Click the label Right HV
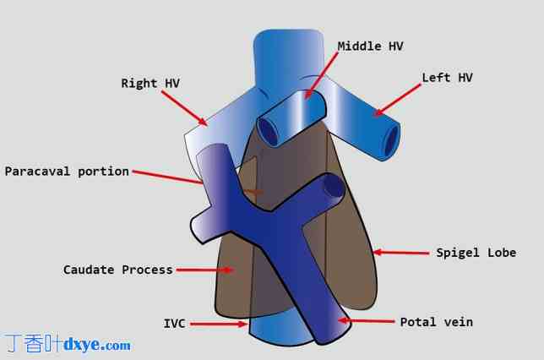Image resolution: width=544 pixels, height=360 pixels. point(151,83)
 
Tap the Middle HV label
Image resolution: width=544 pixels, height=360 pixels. point(371,46)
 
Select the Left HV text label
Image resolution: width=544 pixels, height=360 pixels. point(447,78)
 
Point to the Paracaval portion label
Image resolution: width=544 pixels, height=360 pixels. point(67,171)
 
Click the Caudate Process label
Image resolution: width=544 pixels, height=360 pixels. point(117,270)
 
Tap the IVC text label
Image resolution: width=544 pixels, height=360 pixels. point(175,323)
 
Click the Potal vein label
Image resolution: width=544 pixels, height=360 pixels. point(436,322)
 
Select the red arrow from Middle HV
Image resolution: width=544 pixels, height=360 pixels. point(322,75)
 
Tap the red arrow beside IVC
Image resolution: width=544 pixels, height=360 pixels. point(217,324)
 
